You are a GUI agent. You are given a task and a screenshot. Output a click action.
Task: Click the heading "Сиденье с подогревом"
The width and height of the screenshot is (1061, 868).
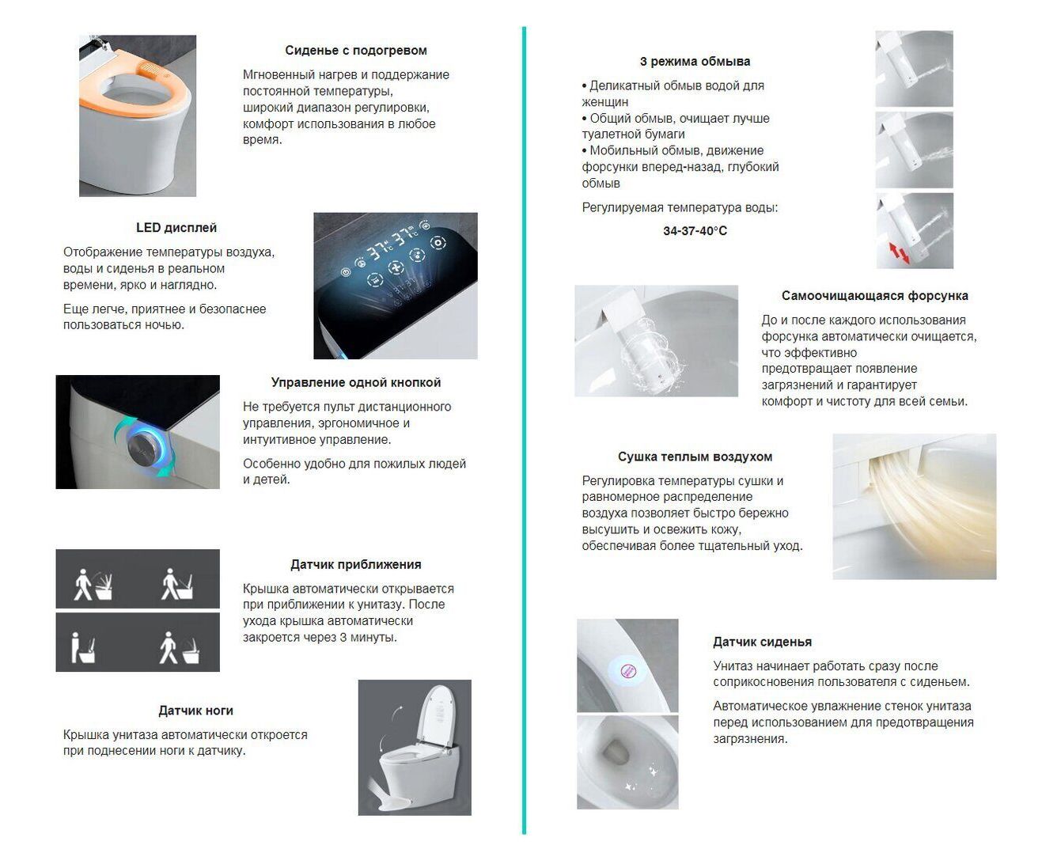pos(356,51)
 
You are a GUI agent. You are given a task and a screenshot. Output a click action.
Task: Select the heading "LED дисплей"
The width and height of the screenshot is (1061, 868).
pos(176,227)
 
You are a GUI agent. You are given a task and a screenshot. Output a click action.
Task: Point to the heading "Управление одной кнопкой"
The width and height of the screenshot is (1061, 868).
pos(356,382)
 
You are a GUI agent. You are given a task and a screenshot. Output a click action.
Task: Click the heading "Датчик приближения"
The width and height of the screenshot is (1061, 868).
pos(356,565)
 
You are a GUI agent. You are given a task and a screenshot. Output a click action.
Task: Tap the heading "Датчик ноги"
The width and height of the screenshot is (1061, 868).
pos(195,711)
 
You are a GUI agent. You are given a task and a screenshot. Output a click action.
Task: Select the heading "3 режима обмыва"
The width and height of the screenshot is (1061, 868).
pos(695,62)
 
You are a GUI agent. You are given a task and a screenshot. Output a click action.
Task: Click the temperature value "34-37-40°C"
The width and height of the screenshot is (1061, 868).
pos(695,231)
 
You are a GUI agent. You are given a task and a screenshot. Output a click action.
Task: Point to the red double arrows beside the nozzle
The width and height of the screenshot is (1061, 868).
pos(899,253)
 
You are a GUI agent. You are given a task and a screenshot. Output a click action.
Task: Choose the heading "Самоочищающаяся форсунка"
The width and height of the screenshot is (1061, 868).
pos(874,296)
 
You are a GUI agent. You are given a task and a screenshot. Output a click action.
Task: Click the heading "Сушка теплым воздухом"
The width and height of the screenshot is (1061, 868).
pos(695,457)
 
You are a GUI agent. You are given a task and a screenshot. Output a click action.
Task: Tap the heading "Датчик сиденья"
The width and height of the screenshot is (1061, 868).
pos(762,642)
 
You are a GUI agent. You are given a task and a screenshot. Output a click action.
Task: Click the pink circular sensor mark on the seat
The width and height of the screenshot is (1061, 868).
pos(628,670)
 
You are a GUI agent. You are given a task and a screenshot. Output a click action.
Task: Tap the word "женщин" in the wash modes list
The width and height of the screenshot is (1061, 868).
pos(604,102)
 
